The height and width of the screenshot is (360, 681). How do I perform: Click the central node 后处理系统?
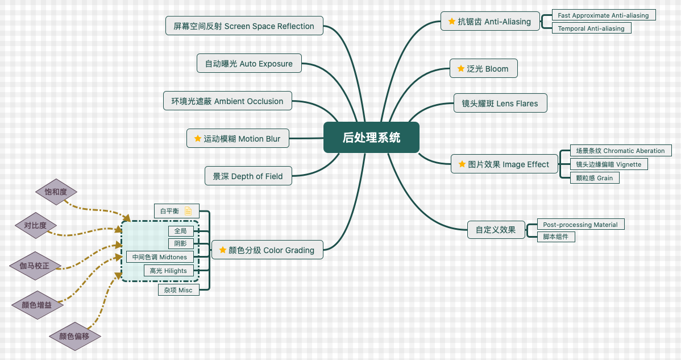[x=371, y=138]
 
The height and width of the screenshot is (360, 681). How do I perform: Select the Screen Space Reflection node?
[x=244, y=26]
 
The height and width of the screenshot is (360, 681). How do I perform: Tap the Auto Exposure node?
[x=249, y=64]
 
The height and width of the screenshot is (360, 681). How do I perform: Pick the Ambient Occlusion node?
[x=227, y=101]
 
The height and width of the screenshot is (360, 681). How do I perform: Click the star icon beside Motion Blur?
[x=197, y=138]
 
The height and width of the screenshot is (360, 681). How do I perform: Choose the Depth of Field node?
[x=248, y=176]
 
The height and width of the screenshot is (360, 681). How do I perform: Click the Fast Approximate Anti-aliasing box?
[x=603, y=15]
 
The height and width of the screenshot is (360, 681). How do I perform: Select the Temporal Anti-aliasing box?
[x=591, y=28]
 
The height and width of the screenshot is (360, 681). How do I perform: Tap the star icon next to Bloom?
[x=461, y=69]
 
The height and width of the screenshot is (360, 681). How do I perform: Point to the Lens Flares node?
[x=500, y=104]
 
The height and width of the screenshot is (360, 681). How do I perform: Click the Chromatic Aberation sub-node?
[x=620, y=151]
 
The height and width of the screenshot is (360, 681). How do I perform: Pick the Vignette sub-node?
[x=608, y=164]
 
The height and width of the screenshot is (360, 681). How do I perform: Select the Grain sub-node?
[x=595, y=178]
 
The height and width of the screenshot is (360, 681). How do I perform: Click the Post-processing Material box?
[x=580, y=225]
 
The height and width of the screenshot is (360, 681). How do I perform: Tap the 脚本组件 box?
[x=556, y=237]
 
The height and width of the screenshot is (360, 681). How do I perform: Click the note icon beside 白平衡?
[x=188, y=211]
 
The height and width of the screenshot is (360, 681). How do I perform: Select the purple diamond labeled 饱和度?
[x=55, y=192]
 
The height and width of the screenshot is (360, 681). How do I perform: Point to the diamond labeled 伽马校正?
[x=35, y=266]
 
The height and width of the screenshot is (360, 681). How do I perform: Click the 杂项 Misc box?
[x=178, y=290]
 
